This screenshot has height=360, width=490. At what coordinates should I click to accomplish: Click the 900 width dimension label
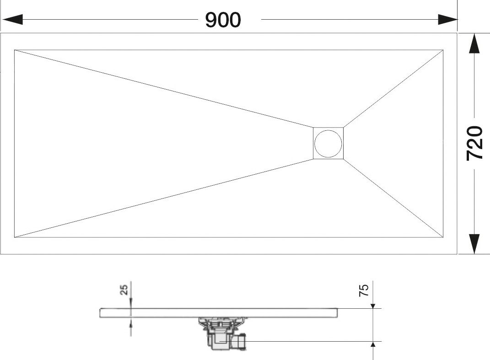point(223,20)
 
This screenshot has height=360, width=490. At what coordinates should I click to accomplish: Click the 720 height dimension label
point(474,143)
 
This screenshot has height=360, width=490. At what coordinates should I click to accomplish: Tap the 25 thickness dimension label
point(124,290)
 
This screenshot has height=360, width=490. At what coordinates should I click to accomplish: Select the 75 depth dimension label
point(364,290)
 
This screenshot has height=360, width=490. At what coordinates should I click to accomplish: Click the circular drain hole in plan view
point(328,144)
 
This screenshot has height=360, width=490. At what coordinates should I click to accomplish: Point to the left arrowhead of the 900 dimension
point(12,19)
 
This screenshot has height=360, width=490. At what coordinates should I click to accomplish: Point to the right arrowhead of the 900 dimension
point(447,19)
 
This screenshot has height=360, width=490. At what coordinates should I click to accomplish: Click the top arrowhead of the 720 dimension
point(474,43)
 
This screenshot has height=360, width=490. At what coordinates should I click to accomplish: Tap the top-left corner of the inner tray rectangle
point(14,50)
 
